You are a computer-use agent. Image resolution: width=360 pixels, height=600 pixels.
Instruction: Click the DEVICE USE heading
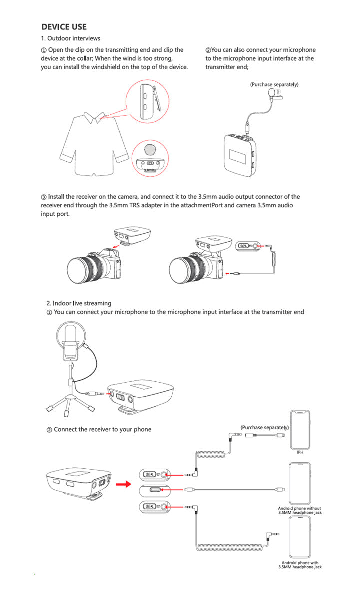[64, 27]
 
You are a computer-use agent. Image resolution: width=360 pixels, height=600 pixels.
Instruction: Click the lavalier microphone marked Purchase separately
[271, 93]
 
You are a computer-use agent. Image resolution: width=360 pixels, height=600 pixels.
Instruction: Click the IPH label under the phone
[300, 452]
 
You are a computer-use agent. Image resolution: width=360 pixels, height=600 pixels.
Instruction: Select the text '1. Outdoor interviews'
[70, 38]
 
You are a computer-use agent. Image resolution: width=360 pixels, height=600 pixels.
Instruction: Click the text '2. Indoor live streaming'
[79, 303]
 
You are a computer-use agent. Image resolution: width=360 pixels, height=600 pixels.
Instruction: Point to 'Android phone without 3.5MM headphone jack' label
[300, 510]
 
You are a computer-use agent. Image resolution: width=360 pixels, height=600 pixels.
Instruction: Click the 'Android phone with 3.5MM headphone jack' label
[300, 565]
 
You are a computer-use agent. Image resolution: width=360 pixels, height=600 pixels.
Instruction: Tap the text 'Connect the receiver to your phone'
[102, 429]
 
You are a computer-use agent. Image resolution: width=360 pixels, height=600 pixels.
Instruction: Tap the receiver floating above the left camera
[132, 234]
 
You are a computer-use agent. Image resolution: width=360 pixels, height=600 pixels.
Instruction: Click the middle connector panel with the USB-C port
[155, 490]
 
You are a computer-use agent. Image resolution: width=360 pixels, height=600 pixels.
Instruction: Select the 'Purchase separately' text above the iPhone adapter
[265, 428]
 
